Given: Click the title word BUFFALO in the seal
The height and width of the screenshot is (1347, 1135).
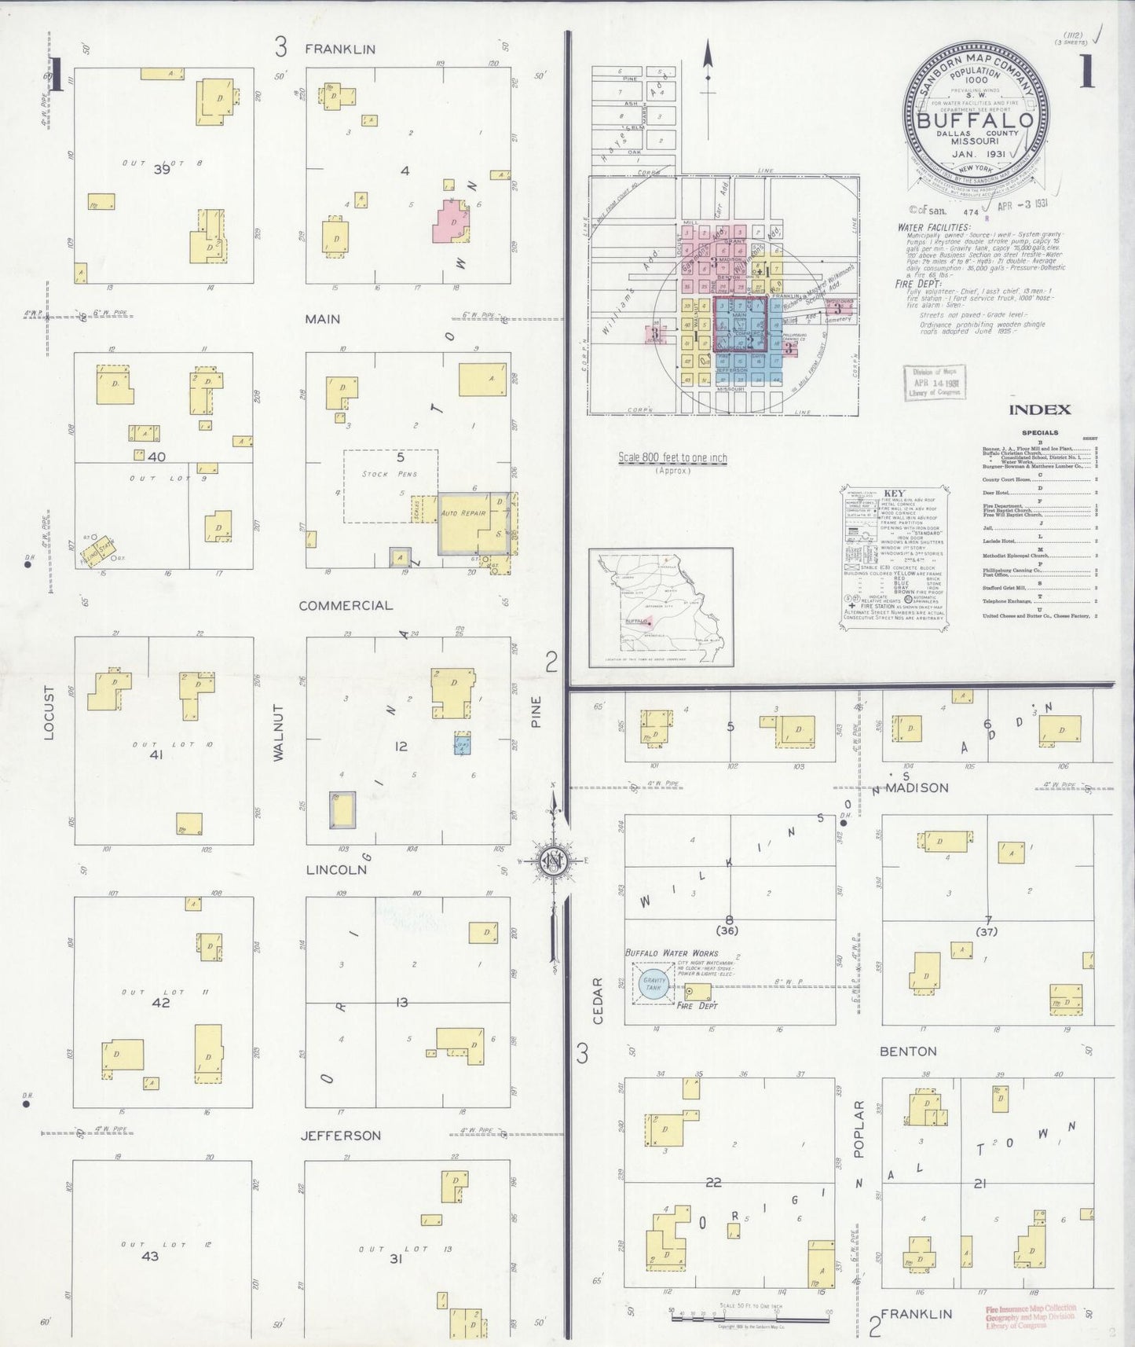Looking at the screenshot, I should click(976, 121).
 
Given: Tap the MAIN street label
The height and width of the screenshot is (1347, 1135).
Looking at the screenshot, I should click(323, 318).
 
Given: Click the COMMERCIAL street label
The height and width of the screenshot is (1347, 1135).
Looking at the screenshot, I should click(335, 605).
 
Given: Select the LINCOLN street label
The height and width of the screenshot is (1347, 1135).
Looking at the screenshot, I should click(336, 869).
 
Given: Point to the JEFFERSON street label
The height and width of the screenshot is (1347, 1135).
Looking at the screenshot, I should click(341, 1135).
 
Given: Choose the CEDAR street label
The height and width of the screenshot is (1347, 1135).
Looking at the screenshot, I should click(598, 1000).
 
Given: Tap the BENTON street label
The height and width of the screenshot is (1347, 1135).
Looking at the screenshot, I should click(908, 1051).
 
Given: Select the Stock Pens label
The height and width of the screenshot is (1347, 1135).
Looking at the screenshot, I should click(390, 474).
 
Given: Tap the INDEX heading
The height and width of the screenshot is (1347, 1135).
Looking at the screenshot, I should click(1040, 409).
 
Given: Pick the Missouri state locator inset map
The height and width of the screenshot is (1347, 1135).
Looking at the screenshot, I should click(661, 607).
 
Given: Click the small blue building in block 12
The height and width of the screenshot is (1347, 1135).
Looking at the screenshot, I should click(463, 743).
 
